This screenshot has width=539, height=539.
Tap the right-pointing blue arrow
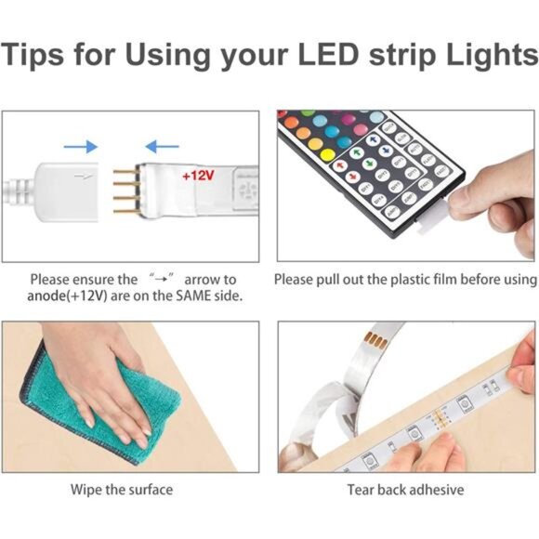(82, 146)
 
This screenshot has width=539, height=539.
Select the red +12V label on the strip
(197, 175)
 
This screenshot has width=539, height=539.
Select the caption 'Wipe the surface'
(122, 490)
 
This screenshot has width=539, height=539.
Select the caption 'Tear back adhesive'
(405, 490)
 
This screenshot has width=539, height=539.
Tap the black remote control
(372, 167)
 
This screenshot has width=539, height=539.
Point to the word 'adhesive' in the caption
(436, 490)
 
